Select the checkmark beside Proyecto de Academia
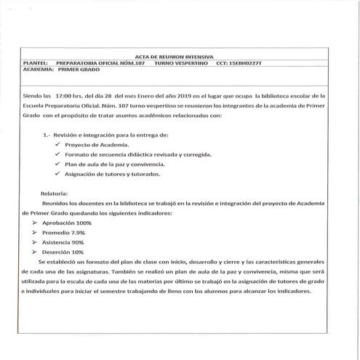pyautogui.click(x=57, y=145)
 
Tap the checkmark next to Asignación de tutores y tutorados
pyautogui.click(x=57, y=175)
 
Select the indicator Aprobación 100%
pyautogui.click(x=71, y=223)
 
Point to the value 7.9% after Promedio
pyautogui.click(x=87, y=232)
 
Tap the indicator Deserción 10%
pyautogui.click(x=68, y=252)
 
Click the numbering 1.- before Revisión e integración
pyautogui.click(x=48, y=135)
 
